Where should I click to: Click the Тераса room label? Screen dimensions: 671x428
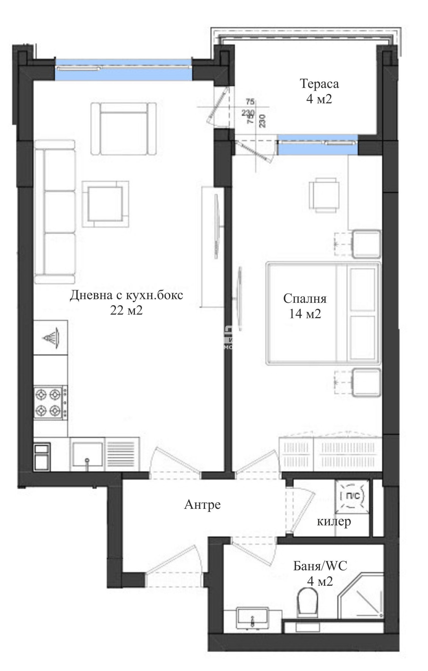[319, 84]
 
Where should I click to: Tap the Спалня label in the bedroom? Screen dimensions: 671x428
[305, 299]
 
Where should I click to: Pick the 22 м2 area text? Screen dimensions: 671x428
[126, 310]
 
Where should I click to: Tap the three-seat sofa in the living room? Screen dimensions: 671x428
[55, 212]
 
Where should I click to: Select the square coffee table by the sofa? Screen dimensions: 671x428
[105, 204]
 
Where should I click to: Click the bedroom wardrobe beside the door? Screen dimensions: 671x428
[331, 455]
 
